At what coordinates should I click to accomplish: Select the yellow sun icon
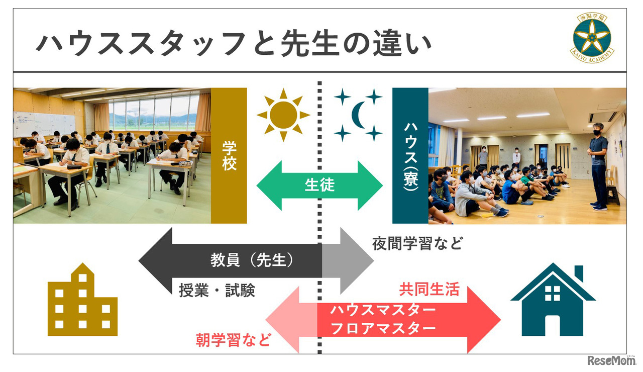coord(283,115)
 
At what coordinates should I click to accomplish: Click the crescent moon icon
coord(360,115)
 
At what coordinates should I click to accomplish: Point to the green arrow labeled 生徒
coord(319,185)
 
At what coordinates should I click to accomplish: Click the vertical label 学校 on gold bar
coord(229,156)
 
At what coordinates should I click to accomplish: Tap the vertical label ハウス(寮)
coord(410,156)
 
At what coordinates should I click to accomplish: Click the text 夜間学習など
coord(417,244)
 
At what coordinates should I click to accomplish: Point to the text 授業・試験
coord(217,290)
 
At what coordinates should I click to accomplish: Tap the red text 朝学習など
coord(233,340)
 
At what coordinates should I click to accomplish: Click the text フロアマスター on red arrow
coord(383,328)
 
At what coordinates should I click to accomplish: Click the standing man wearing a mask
coord(598,166)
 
